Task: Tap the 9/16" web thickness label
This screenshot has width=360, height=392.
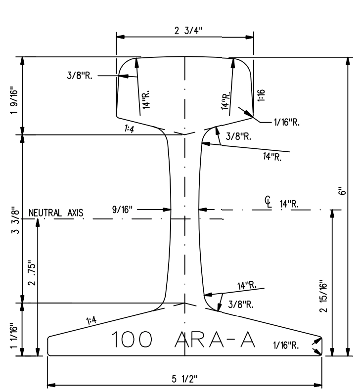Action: [122, 210]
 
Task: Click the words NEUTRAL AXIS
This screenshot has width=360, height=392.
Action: [56, 214]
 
